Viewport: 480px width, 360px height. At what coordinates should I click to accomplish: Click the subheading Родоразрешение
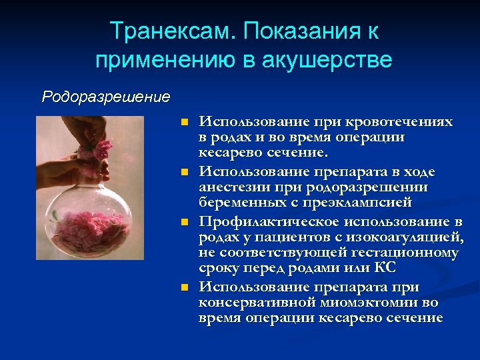106,97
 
